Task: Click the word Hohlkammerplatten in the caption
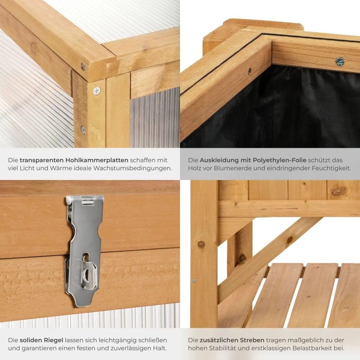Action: tap(97, 160)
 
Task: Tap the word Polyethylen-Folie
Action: tap(280, 160)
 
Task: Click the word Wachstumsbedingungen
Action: tap(133, 168)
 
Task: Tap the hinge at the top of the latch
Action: tap(88, 200)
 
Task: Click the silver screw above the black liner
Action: tap(340, 62)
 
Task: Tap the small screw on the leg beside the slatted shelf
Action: tap(194, 280)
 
